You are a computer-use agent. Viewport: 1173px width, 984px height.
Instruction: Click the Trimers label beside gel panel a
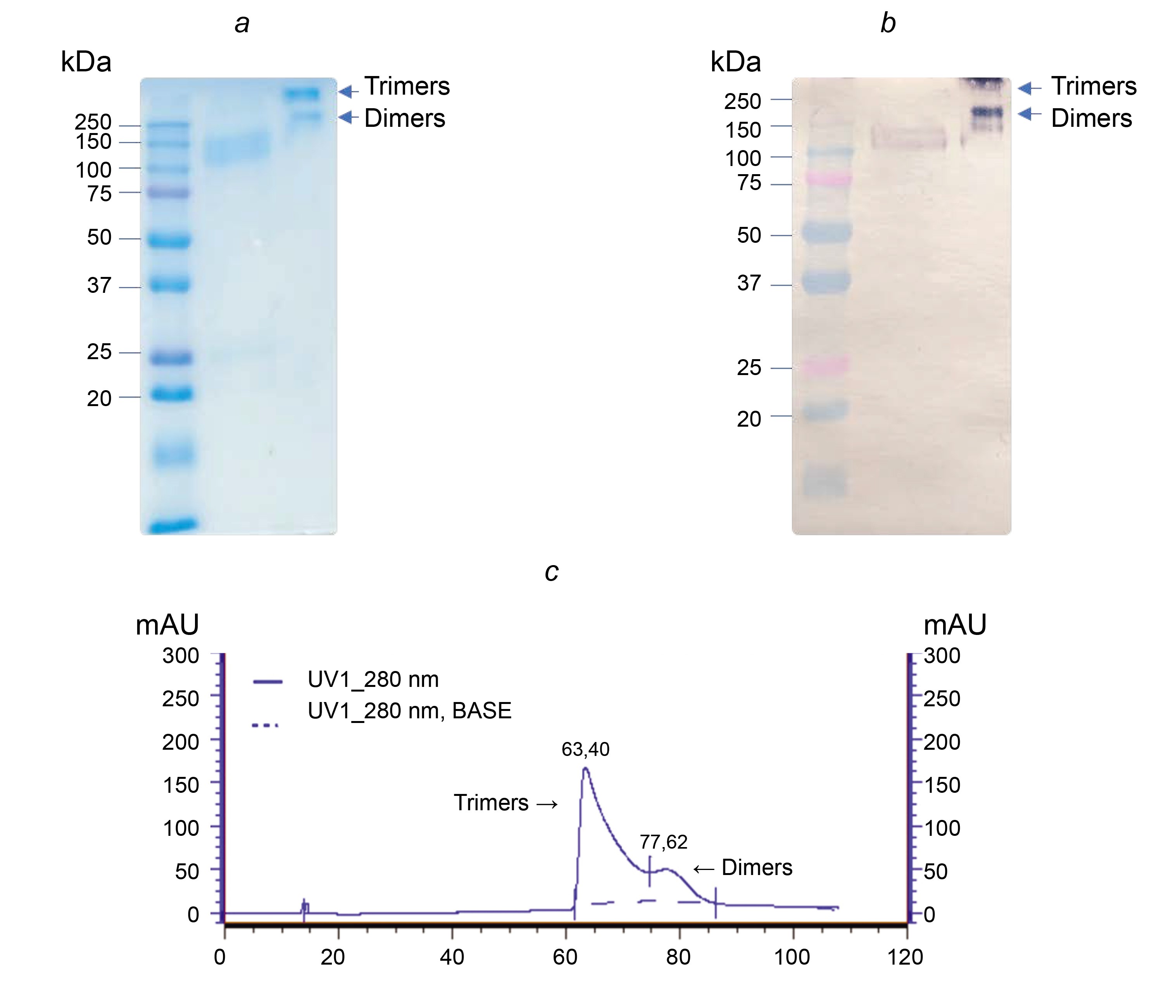point(407,86)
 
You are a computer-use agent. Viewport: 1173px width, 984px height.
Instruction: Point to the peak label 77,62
point(664,842)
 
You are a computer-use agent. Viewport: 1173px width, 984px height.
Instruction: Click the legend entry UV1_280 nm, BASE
point(409,711)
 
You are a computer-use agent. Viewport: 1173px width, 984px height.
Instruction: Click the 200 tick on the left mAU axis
point(180,742)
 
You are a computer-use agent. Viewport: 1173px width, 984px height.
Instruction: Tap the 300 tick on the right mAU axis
point(942,655)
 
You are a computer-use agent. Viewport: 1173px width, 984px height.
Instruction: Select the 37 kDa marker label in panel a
point(99,285)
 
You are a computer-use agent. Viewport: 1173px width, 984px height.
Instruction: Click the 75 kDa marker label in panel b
point(749,183)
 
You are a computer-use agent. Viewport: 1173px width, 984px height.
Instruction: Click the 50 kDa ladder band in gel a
point(170,241)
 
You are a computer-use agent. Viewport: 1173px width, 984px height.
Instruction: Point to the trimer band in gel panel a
point(302,93)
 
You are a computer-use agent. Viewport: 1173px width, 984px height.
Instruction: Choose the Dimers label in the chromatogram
point(756,868)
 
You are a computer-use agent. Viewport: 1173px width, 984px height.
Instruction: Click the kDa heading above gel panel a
point(86,62)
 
